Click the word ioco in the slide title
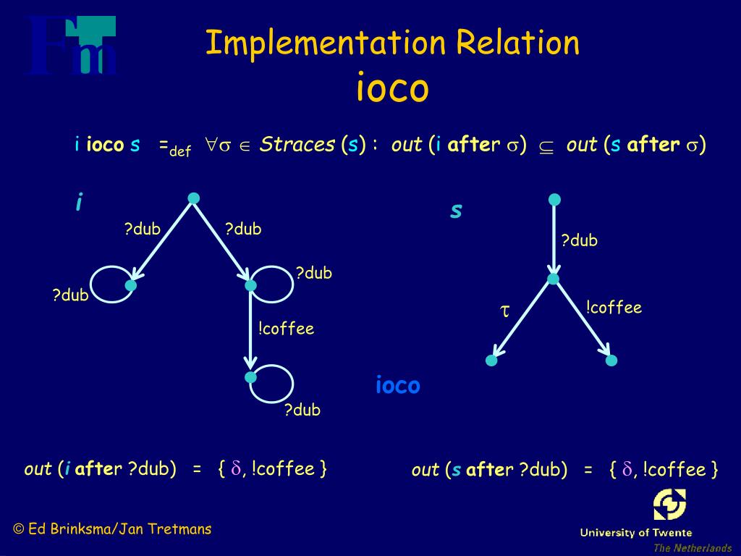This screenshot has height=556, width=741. click(392, 88)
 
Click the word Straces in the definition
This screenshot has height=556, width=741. click(297, 145)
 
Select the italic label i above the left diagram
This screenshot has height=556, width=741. click(78, 203)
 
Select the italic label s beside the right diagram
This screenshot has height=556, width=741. click(456, 211)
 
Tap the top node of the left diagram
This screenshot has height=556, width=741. click(193, 198)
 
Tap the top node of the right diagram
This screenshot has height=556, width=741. click(554, 199)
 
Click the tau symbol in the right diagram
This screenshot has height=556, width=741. click(505, 311)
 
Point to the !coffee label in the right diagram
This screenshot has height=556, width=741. click(614, 308)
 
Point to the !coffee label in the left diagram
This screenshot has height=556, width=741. click(286, 329)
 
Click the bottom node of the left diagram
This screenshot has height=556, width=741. click(251, 377)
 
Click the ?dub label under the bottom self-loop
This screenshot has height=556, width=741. click(302, 410)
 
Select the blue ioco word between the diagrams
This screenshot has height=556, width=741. click(397, 385)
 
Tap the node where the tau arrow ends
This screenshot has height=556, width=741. click(492, 360)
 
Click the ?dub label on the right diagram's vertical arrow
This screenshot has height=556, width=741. click(580, 240)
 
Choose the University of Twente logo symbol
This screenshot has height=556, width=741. click(669, 505)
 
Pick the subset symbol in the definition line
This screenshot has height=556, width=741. click(546, 146)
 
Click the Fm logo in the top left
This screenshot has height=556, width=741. click(72, 46)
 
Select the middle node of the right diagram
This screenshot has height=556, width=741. click(554, 279)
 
